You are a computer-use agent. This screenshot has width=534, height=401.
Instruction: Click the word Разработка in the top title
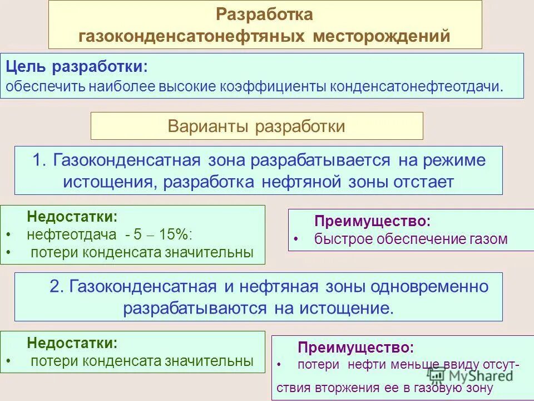(264, 14)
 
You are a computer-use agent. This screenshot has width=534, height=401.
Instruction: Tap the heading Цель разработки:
(77, 67)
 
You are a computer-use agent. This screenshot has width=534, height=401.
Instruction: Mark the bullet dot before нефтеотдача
(7, 235)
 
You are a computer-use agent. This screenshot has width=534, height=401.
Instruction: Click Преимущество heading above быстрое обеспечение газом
(372, 221)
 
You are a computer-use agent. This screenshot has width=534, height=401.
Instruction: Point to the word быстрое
(344, 239)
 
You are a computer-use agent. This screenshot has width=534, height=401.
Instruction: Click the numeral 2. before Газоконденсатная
(58, 287)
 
